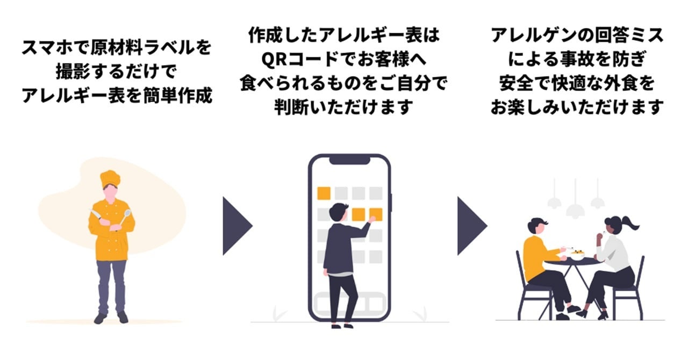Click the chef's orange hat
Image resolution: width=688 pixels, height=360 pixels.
[110, 178]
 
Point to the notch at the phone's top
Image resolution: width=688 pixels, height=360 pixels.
[349, 160]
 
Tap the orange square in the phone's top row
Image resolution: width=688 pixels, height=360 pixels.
[324, 193]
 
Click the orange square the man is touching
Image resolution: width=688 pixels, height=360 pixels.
[376, 214]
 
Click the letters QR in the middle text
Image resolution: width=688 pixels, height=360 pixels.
[271, 60]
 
